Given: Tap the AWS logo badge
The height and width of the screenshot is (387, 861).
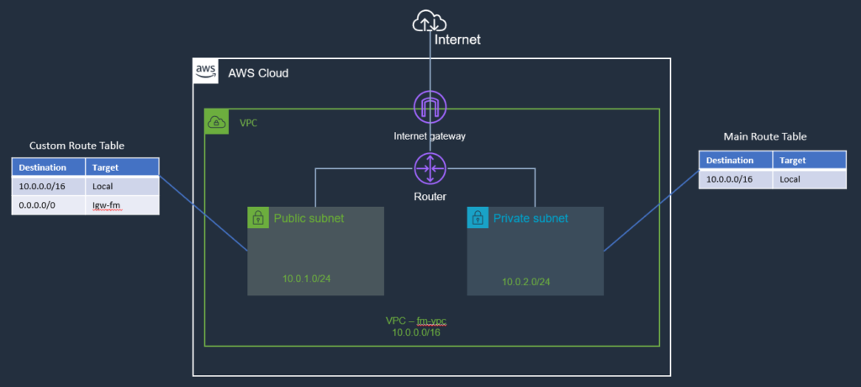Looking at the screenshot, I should [x=205, y=70].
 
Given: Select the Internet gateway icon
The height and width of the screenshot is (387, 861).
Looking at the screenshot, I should [x=430, y=108].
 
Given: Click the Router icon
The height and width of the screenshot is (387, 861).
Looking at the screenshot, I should [x=430, y=169].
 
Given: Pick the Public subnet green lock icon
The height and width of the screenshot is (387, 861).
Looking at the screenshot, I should [x=257, y=218].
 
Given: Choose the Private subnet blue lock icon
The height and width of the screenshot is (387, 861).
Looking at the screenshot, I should [x=478, y=218].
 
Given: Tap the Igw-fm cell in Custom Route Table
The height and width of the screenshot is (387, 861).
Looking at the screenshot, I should [x=107, y=204].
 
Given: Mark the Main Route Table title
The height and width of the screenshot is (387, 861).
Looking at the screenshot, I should [x=765, y=136].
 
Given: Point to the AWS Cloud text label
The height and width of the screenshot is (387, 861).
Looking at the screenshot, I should [x=258, y=73].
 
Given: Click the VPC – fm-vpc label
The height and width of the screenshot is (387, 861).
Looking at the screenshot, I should [x=421, y=321].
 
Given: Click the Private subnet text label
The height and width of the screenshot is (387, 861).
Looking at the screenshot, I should [x=531, y=218].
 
